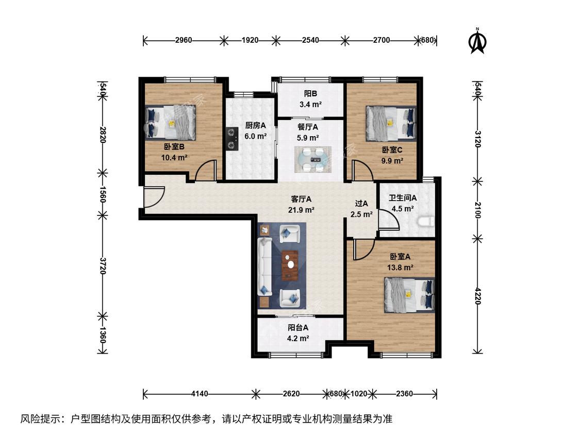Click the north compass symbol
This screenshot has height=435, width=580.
coord(477,41)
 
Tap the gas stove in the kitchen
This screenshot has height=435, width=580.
coord(232,138)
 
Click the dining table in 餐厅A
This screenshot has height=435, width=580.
coord(313,159)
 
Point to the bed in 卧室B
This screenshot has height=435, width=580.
coord(171,123)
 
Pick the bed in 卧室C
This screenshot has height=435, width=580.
coord(391,124)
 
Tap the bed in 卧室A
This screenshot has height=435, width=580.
coord(409,295)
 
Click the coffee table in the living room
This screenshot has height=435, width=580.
coord(290,265)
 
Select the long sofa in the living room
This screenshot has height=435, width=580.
coord(265,266)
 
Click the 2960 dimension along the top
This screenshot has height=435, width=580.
coord(184,40)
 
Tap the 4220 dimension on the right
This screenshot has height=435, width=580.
coord(477,296)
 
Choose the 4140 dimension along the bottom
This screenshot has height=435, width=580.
coord(200,394)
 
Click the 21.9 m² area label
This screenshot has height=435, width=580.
coord(302,210)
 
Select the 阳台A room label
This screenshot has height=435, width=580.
coord(298,327)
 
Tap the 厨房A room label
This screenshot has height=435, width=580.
coord(256,125)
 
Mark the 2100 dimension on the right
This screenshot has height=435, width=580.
coord(477,210)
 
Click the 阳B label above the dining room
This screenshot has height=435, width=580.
coord(311,94)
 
